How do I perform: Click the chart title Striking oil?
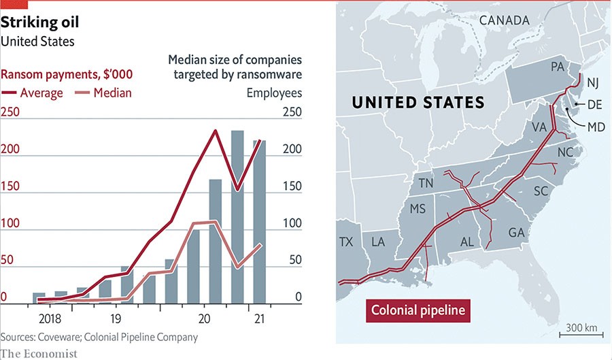click(x=40, y=22)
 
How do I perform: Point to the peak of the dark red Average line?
click(x=215, y=131)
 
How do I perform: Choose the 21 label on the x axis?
click(x=259, y=318)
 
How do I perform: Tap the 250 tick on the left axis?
click(x=9, y=112)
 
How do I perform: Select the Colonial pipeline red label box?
click(x=419, y=311)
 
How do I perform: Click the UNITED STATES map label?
click(x=418, y=103)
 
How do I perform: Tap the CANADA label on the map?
click(x=504, y=20)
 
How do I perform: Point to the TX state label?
click(x=346, y=242)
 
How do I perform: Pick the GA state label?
click(x=517, y=233)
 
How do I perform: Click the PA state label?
click(x=558, y=67)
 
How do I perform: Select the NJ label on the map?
click(x=593, y=83)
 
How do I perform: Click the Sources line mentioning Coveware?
click(x=99, y=337)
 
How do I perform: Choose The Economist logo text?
click(x=39, y=353)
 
